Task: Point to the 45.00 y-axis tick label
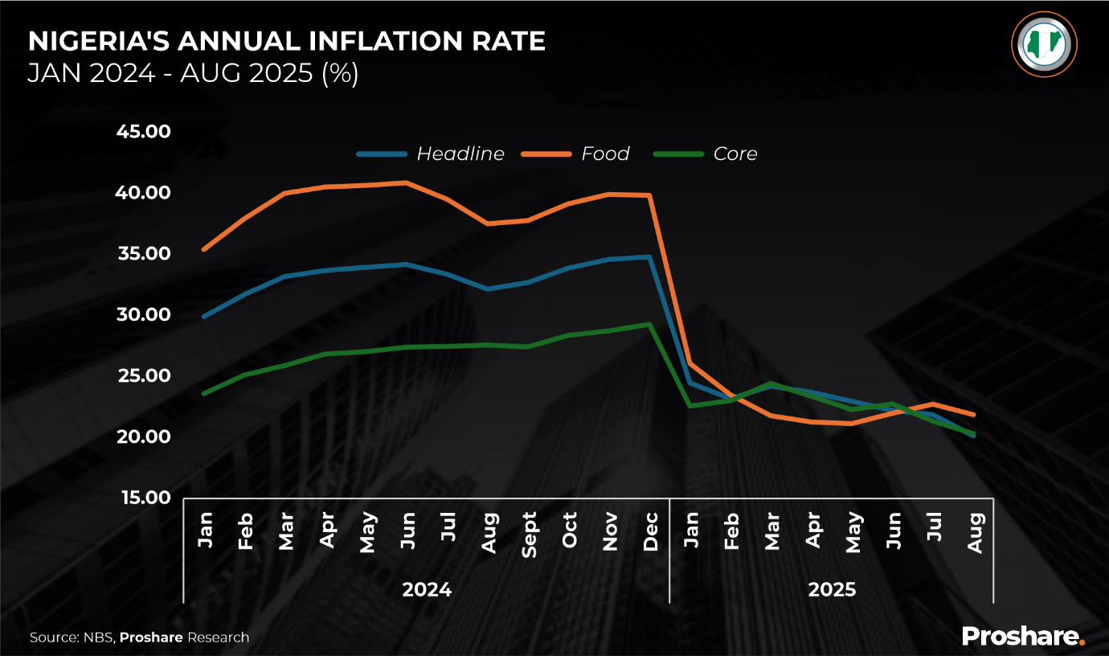[144, 131]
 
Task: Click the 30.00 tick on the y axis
[144, 314]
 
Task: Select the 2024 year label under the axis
[427, 590]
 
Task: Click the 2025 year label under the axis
[832, 590]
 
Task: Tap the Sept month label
[529, 534]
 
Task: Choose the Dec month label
[650, 531]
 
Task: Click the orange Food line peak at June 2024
[407, 182]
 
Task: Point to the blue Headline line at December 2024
[649, 257]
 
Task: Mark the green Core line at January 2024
[204, 393]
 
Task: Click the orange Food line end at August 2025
[974, 415]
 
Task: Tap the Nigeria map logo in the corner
[1044, 44]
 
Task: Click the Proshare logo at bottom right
[1023, 636]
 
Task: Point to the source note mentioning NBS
[139, 638]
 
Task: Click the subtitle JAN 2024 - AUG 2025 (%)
[193, 73]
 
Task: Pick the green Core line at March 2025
[771, 383]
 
